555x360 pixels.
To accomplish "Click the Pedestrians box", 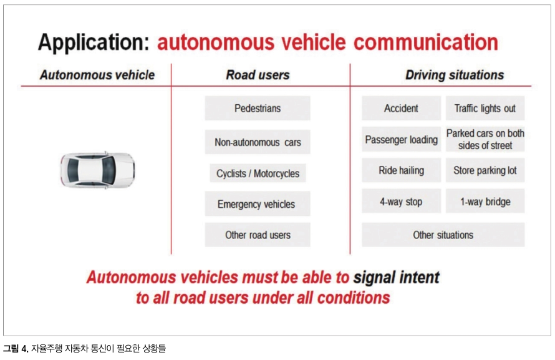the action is tap(258, 108).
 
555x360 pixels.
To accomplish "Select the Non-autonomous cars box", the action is tap(258, 142).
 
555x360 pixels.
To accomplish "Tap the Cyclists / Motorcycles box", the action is tap(258, 173).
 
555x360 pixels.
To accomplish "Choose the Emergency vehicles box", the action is tap(258, 204).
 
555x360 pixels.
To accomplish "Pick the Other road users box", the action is tap(258, 235).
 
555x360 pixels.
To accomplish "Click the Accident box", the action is tap(401, 108).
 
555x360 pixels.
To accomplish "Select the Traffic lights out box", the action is tap(485, 108).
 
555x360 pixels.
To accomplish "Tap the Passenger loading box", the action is tap(401, 139).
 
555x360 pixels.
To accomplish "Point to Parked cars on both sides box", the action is tap(485, 139).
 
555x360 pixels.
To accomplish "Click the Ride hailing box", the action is tap(401, 170).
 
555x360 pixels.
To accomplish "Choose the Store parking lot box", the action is tap(485, 170).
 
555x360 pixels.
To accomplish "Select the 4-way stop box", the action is tap(401, 201).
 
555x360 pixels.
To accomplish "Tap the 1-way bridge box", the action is tap(485, 201).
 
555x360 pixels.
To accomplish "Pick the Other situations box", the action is tap(443, 235).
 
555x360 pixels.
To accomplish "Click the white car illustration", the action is tap(97, 170).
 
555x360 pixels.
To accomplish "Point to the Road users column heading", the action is tap(258, 75).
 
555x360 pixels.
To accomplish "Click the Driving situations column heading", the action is tap(455, 75).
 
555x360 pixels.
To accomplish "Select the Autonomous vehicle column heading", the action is tap(97, 75).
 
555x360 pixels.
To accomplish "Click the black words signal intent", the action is tap(396, 277).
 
